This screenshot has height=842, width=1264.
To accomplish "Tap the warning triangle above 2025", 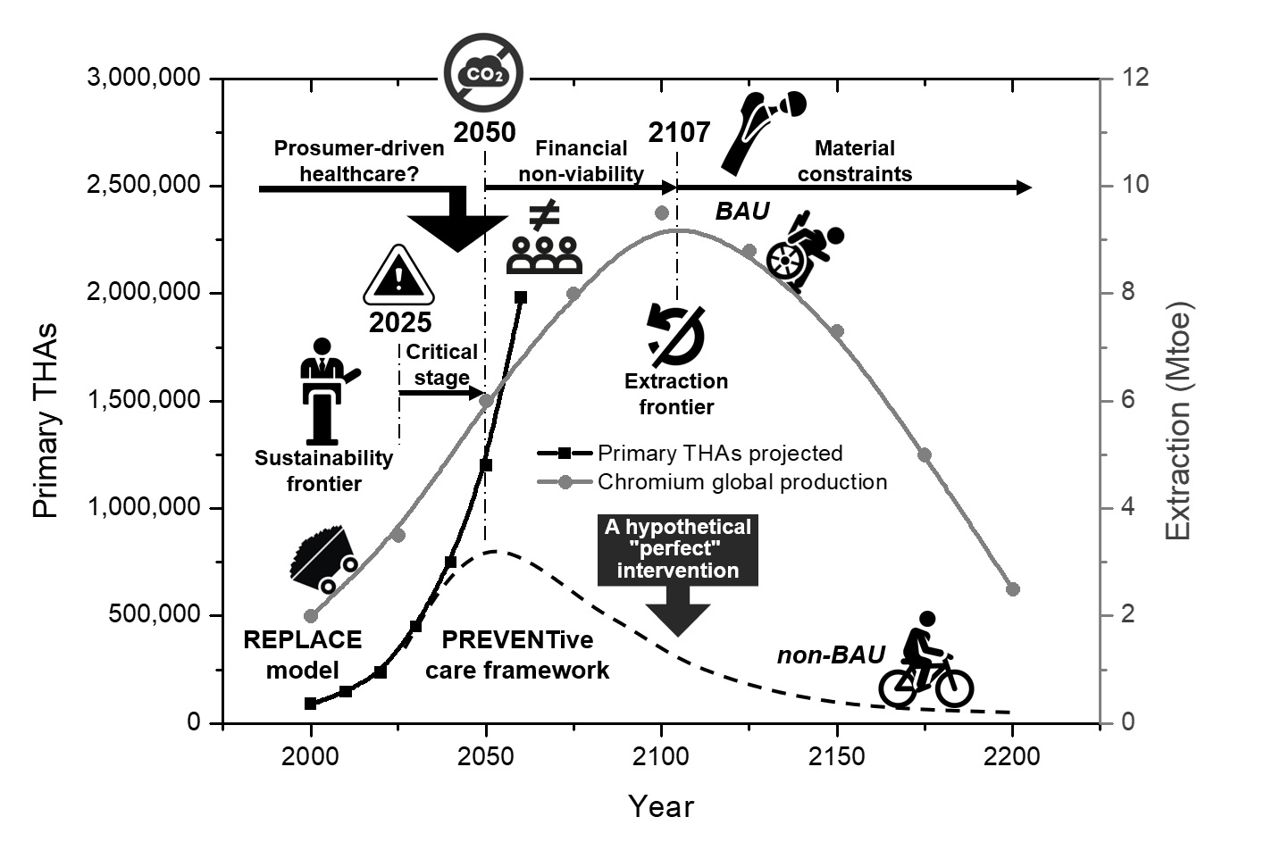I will (398, 277).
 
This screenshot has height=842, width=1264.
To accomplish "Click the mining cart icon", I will (322, 560).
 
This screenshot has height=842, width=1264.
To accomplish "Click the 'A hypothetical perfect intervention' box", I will (677, 549).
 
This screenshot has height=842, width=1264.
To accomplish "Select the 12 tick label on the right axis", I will (1135, 79).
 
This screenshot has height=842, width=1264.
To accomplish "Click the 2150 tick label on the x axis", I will (837, 757).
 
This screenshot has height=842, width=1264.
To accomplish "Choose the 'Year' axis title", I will (661, 806).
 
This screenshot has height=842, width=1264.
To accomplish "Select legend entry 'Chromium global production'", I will (741, 482).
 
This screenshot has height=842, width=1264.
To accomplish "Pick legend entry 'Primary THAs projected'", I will (720, 454).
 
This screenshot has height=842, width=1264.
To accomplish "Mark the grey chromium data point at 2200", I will (1012, 589).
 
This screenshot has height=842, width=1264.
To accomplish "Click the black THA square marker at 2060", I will (521, 297).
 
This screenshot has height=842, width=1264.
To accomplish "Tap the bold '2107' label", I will (679, 133).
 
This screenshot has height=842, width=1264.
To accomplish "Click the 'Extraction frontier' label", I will (676, 394).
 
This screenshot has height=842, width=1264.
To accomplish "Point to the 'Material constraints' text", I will (855, 161).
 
